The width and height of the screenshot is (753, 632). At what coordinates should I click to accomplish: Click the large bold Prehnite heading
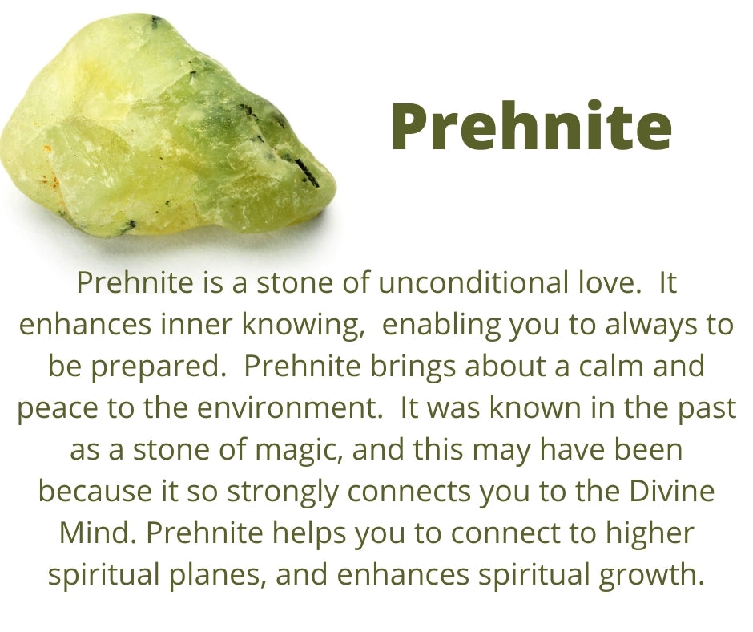pyautogui.click(x=531, y=126)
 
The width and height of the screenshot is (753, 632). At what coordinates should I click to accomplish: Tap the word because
pyautogui.click(x=95, y=491)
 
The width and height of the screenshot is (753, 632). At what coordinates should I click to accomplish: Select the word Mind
pyautogui.click(x=97, y=533)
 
